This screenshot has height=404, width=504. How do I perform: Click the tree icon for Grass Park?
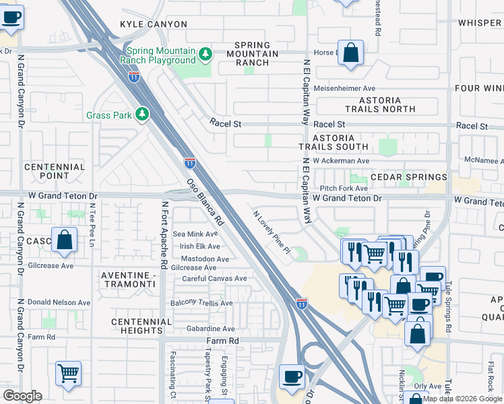141,115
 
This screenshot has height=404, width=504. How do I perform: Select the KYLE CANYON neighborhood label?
153,24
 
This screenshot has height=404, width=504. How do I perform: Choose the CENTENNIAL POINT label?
55,171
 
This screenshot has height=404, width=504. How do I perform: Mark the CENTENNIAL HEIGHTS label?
141,327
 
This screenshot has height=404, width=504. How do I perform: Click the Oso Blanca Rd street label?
206,202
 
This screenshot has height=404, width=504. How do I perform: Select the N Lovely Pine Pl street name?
271,233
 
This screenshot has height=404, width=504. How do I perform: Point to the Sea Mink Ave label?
195,234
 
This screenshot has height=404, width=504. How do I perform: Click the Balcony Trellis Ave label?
202,303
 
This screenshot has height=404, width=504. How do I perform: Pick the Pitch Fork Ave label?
344,188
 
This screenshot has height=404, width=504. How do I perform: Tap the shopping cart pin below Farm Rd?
68,372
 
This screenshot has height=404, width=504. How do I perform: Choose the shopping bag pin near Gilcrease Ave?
64,240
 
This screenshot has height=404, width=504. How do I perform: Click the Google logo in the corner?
22,396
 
